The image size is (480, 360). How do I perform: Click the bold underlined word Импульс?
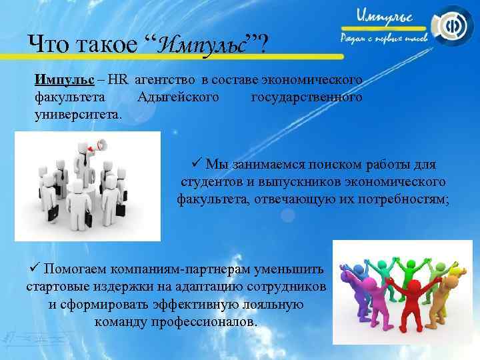point(63,80)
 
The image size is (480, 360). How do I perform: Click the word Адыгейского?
point(177,97)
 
